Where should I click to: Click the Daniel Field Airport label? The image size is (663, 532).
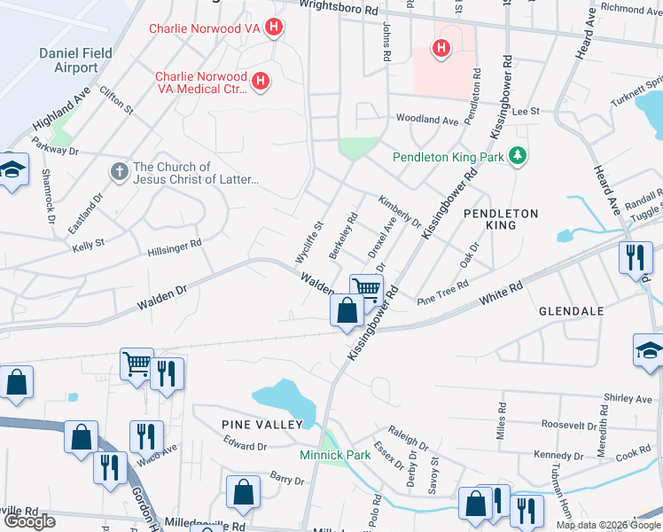click(x=76, y=60)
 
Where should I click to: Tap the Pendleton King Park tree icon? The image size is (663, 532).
click(x=518, y=157)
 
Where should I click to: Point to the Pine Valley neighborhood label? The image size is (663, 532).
click(x=262, y=426)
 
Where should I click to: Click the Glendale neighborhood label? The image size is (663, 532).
click(x=572, y=311)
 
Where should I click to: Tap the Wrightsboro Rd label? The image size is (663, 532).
click(x=339, y=6)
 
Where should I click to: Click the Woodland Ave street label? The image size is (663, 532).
click(x=427, y=119)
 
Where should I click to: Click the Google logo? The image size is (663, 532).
click(x=29, y=520)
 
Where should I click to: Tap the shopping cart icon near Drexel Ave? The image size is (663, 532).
click(x=366, y=287)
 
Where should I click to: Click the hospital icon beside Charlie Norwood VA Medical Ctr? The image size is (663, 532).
click(x=261, y=82)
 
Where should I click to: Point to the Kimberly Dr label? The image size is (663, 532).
click(x=399, y=212)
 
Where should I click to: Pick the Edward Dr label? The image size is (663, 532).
click(x=245, y=447)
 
